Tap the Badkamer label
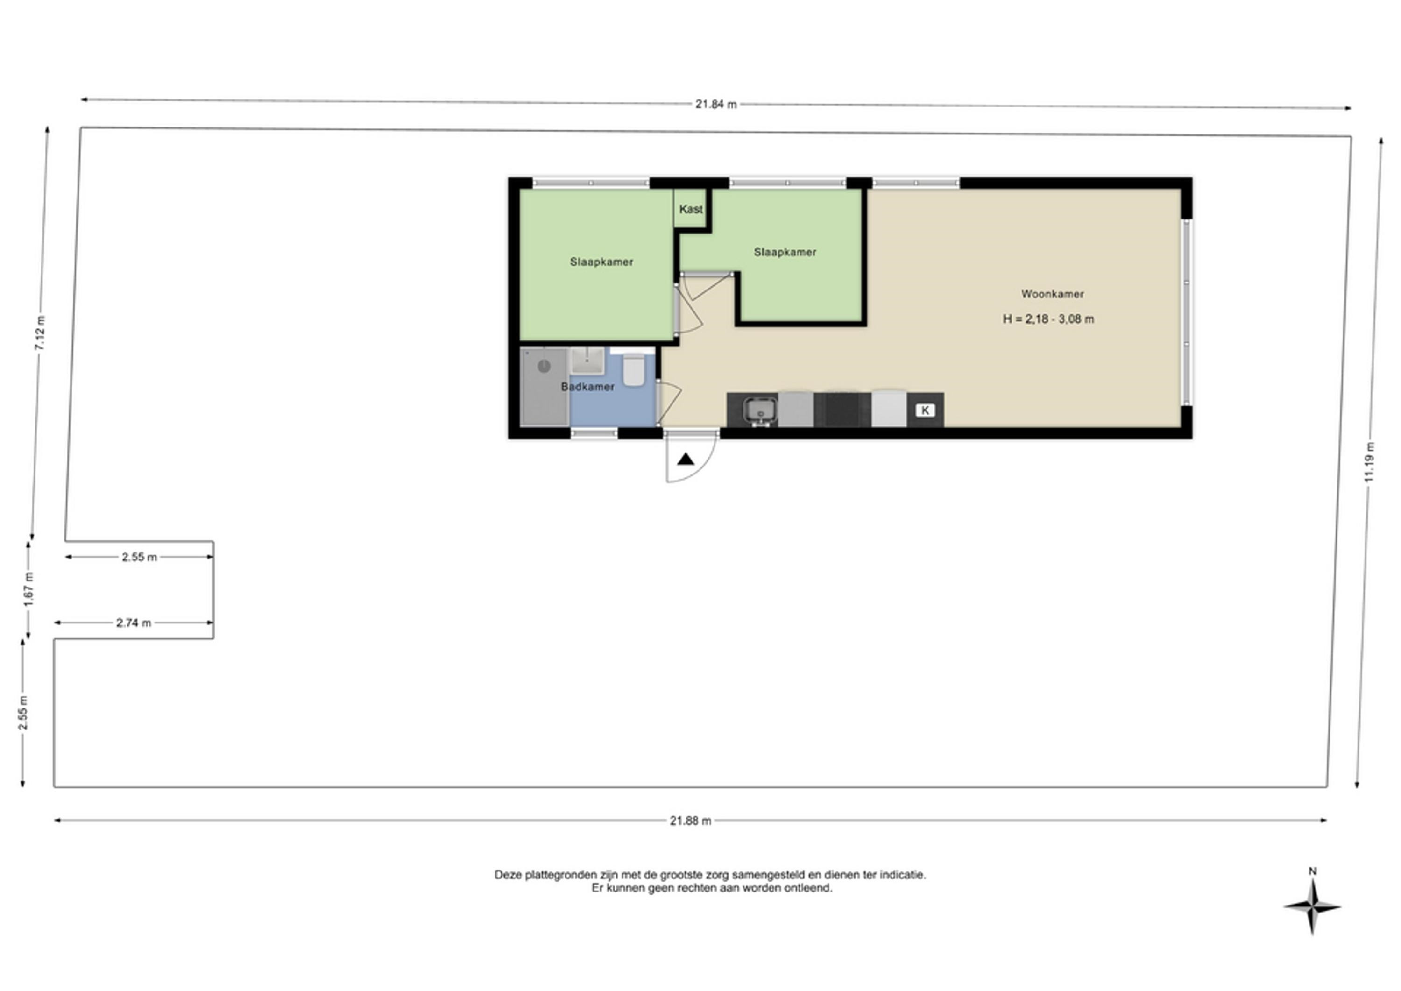point(587,386)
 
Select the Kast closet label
point(691,209)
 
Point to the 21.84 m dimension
point(716,104)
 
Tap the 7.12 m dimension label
point(40,333)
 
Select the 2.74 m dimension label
point(134,623)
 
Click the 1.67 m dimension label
point(28,589)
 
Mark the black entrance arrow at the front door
point(686,460)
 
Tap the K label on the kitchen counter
point(925,410)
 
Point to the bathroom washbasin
point(587,361)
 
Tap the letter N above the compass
point(1313,871)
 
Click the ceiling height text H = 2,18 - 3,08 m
point(1048,319)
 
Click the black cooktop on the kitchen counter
point(842,410)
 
